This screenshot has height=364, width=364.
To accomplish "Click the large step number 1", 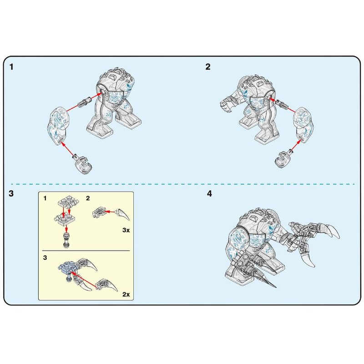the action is pos(11,67).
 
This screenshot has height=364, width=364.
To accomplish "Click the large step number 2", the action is pos(208,67).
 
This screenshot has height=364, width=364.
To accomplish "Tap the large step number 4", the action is pos(209,194).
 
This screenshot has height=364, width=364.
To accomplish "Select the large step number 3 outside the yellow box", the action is pos(11,194).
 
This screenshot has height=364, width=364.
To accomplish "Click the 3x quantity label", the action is pos(126,230).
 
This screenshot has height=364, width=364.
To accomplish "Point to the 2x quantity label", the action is pos(126,294).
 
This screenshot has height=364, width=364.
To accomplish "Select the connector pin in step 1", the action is pos(85,101).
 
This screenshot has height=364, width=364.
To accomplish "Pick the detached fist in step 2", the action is pos(283,158).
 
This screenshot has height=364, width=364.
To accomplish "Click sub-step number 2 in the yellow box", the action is pos(88,198).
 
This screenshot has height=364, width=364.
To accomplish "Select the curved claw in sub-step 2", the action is pos(122,214).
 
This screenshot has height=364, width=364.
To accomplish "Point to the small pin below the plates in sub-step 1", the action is pos(66,240).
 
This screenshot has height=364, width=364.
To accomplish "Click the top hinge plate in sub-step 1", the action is pos(68,202).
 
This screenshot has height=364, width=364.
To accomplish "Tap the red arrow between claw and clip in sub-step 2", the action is pos(110,212).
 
